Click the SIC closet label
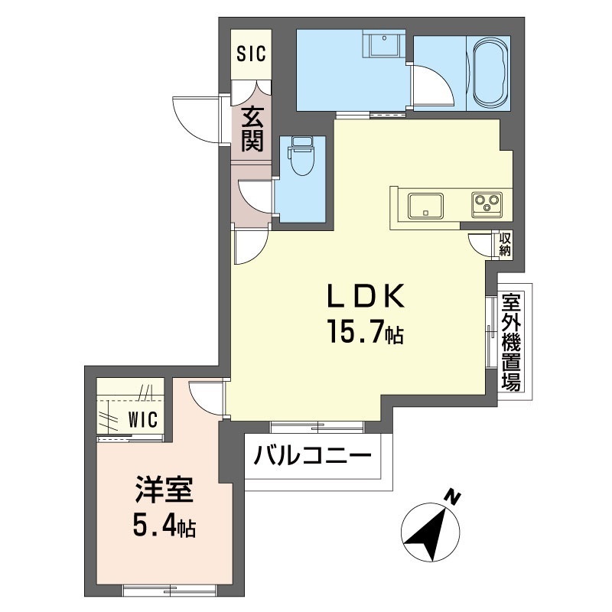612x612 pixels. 251,54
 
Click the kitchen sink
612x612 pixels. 425,206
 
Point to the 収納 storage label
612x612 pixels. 505,244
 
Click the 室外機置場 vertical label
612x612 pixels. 511,342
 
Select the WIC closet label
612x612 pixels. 142,418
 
